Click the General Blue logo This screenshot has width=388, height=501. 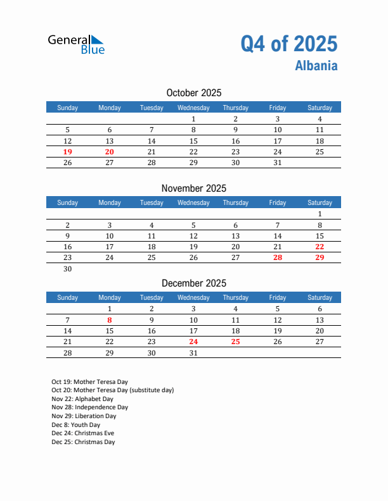coord(76,44)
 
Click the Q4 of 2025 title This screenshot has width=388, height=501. coord(289,44)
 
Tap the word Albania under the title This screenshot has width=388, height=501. coord(316,66)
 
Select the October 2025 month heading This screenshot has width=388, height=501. coord(193,93)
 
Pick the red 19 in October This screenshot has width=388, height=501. coord(68,152)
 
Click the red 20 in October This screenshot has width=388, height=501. coord(110,152)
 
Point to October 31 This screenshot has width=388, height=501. coord(278,163)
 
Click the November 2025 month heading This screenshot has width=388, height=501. coord(193,188)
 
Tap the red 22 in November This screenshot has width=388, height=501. coord(320,247)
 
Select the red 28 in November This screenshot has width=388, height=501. coord(278,257)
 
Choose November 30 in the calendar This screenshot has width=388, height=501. coord(68,269)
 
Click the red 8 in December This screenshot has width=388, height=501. coord(110,320)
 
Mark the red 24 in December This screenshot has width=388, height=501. coord(193,342)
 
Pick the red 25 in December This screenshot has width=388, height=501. coord(235,342)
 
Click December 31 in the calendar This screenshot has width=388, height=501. coord(193,353)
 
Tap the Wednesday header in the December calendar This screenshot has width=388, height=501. coord(193,298)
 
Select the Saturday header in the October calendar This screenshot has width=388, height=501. coord(320,108)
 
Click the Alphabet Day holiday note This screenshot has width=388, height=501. coord(82,399)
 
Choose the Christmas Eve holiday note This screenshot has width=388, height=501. coord(84,433)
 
